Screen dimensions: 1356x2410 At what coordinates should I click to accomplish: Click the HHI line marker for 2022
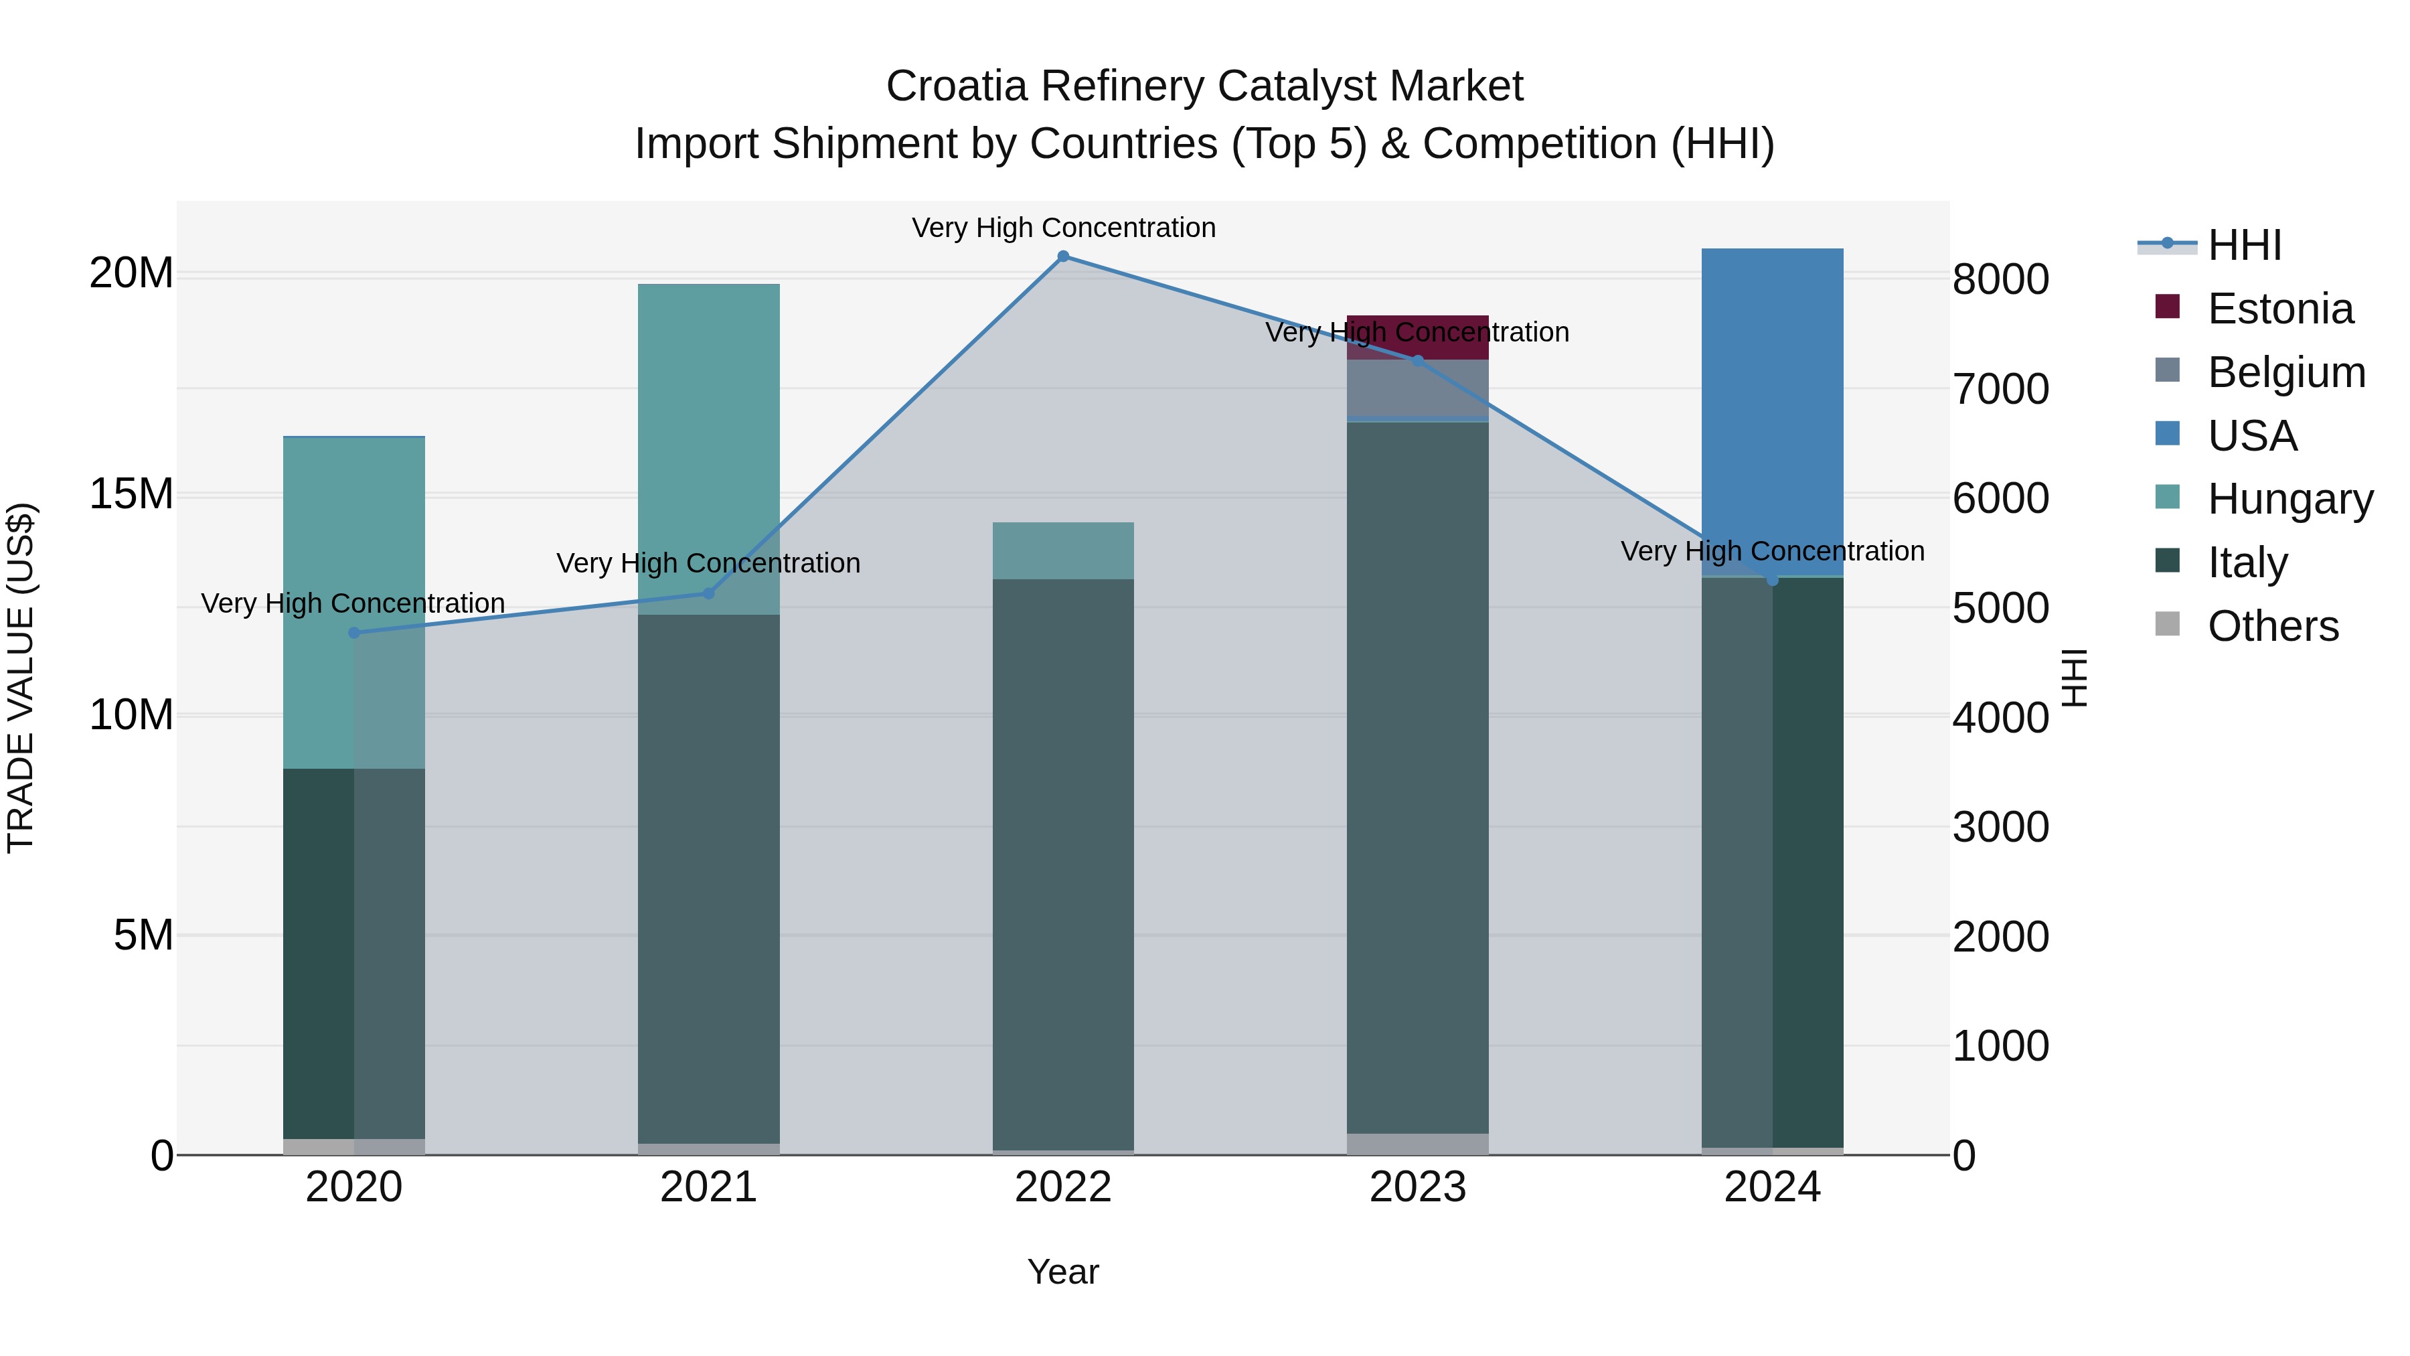[1063, 256]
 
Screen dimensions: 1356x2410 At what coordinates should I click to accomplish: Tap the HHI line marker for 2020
[353, 633]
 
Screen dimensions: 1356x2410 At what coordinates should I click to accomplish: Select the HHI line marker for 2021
[708, 593]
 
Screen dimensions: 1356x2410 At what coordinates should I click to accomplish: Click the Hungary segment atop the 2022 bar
[1063, 550]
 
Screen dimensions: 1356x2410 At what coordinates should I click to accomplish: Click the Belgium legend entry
[2285, 372]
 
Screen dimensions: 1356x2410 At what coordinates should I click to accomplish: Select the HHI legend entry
[2243, 245]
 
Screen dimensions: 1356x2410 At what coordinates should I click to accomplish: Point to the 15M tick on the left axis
[131, 494]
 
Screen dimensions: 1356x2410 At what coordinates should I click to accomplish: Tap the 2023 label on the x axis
[1417, 1187]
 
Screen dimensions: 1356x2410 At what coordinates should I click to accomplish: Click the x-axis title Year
[1063, 1272]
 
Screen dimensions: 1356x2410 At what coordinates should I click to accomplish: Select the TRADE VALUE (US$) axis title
[21, 678]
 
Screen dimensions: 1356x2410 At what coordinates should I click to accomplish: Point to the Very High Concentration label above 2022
[1063, 228]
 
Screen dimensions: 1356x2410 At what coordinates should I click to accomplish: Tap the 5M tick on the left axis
[143, 935]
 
